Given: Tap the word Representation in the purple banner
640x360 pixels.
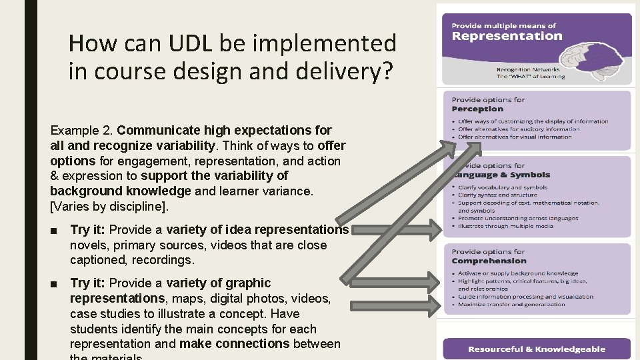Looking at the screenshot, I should (507, 36).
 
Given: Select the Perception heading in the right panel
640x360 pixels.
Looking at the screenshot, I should (477, 109).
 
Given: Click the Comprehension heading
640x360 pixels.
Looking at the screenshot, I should (489, 261).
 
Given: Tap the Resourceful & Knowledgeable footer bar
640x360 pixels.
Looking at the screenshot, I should (537, 349).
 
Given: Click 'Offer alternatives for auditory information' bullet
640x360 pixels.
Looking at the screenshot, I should (519, 129).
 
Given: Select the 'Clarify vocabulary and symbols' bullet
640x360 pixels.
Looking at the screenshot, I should (503, 187).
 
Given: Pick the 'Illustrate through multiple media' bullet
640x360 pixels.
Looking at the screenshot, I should (505, 226).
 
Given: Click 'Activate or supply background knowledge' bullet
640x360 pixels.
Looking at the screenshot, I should (518, 273).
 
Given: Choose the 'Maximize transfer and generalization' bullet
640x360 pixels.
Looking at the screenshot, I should (511, 305).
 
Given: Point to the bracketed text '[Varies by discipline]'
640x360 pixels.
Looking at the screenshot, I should (109, 207).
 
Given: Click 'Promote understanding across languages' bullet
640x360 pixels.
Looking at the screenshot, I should (518, 218).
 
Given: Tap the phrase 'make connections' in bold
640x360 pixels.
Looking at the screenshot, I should (234, 344).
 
